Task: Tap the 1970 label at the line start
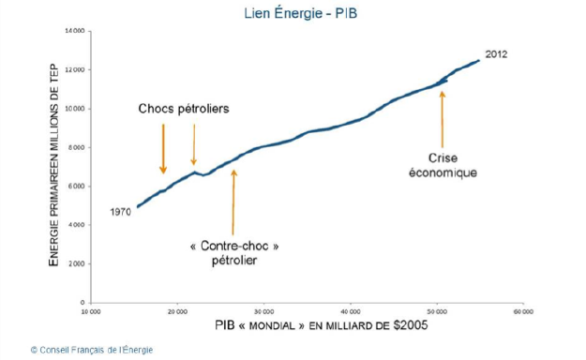(121, 212)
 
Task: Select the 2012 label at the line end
(496, 54)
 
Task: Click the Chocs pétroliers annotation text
(184, 110)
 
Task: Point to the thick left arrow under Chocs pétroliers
(163, 147)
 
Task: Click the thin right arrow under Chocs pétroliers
(194, 145)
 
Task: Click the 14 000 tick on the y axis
(75, 31)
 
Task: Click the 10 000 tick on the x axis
(91, 311)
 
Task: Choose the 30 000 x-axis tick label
(263, 311)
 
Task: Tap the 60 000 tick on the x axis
(523, 311)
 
